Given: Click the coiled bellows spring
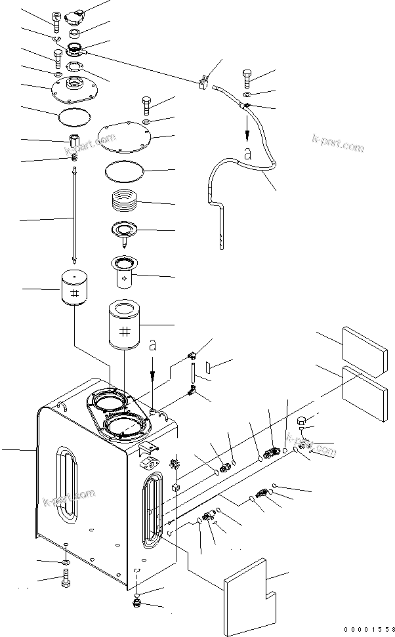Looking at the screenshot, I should [124, 199].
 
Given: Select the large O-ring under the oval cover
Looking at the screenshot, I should [124, 172].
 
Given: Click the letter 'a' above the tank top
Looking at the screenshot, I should [152, 346].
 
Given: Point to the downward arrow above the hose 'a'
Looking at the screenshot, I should [247, 128].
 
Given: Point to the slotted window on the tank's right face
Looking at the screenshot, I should [153, 510].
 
